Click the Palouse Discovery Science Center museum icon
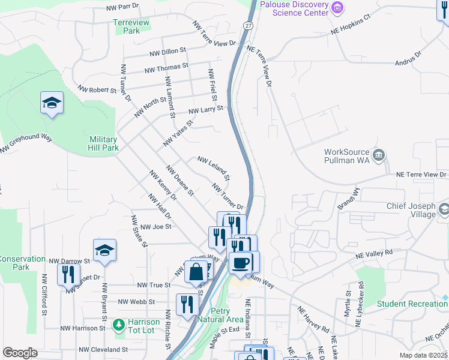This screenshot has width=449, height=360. (338, 8)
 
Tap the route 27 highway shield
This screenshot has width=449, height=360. (247, 25)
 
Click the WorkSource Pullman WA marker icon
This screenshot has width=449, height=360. (379, 156)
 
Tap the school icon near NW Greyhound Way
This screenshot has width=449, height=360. (52, 103)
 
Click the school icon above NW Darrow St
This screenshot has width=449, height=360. (104, 251)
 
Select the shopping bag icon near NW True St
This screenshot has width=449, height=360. (196, 272)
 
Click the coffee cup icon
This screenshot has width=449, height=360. (241, 263)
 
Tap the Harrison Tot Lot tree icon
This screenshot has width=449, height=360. (119, 325)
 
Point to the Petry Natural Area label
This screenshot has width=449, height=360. (228, 315)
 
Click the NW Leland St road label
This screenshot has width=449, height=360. (214, 169)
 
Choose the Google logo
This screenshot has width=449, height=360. (20, 353)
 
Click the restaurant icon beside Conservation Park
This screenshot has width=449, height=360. (68, 275)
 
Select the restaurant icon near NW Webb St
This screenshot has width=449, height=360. (187, 305)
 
